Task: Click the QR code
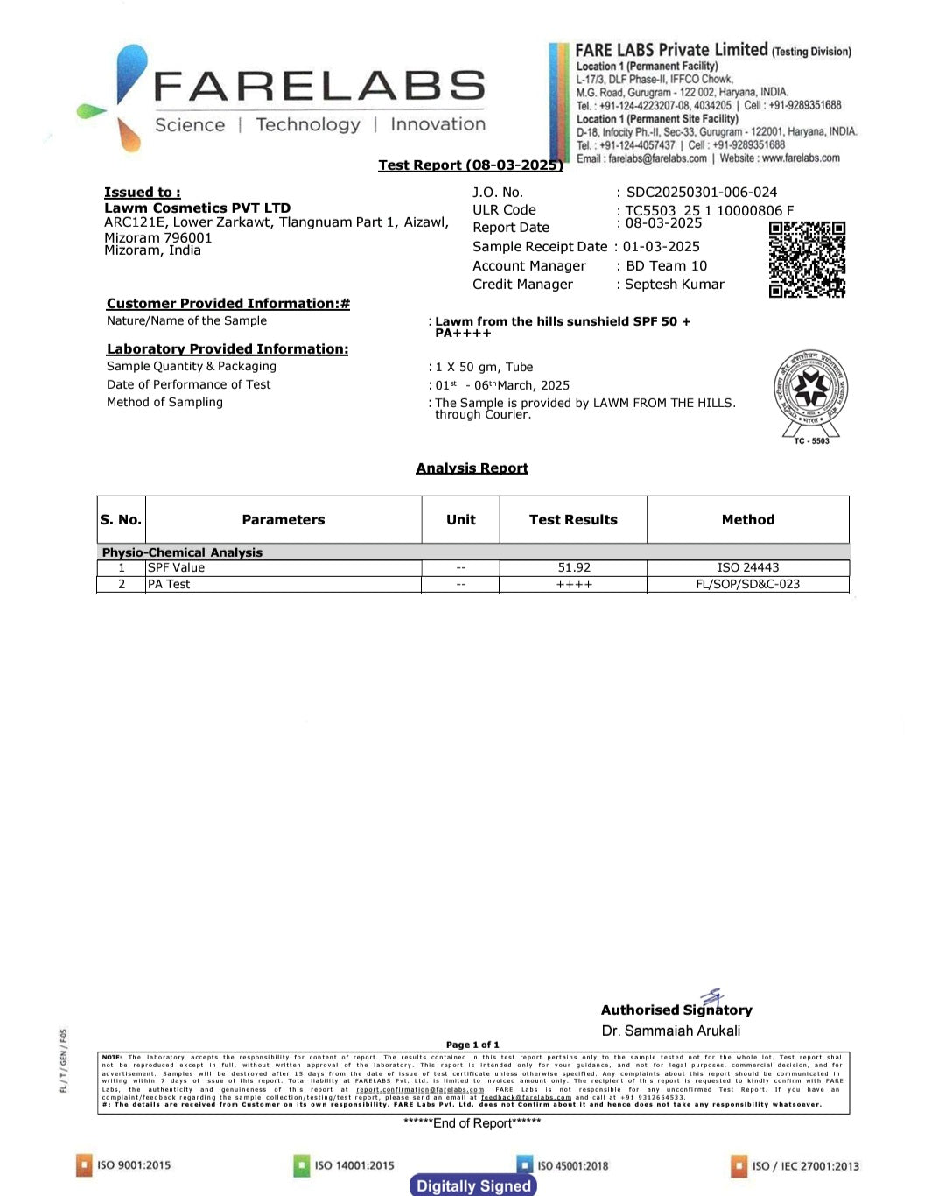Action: (x=807, y=259)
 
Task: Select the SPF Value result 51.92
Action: (x=574, y=567)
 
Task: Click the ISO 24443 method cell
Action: (x=748, y=567)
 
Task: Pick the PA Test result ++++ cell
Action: (x=574, y=584)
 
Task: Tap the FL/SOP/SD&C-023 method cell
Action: (x=748, y=584)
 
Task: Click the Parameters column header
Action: (x=283, y=519)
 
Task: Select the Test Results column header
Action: (x=573, y=519)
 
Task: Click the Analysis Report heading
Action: (x=472, y=468)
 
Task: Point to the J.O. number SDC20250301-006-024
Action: (x=702, y=193)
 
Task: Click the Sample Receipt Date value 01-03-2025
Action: (x=661, y=247)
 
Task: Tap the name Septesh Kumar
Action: (x=675, y=285)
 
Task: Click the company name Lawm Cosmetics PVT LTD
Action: (x=197, y=208)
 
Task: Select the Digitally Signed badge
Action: (x=473, y=1185)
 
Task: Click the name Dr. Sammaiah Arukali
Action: (x=671, y=1031)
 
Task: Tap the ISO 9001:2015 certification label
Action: (x=133, y=1165)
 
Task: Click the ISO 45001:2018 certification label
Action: (x=572, y=1165)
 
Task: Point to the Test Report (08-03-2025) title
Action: (x=471, y=165)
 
